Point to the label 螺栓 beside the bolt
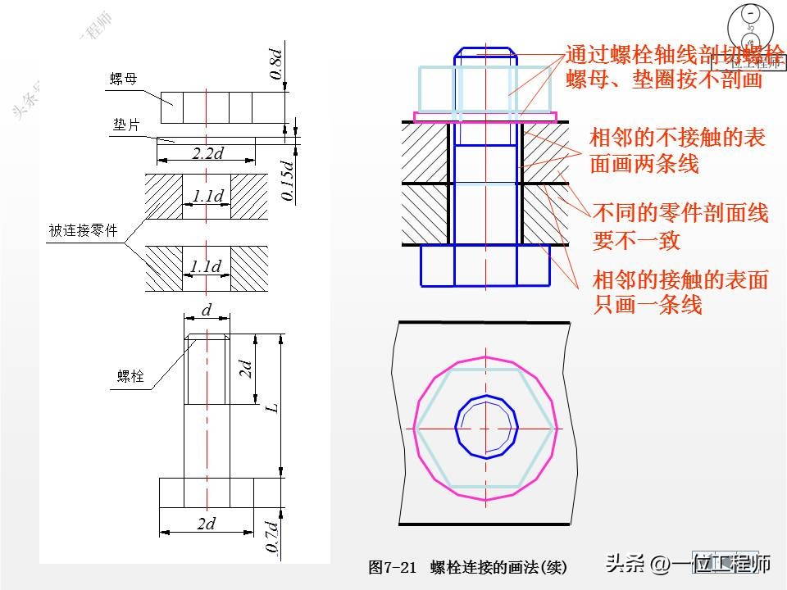coord(130,376)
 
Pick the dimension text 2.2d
coord(207,153)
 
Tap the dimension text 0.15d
coord(287,180)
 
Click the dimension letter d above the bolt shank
coord(207,311)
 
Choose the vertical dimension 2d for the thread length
coord(244,369)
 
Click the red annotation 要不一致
coord(636,241)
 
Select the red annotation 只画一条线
coord(648,305)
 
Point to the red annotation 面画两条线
coord(644,163)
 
